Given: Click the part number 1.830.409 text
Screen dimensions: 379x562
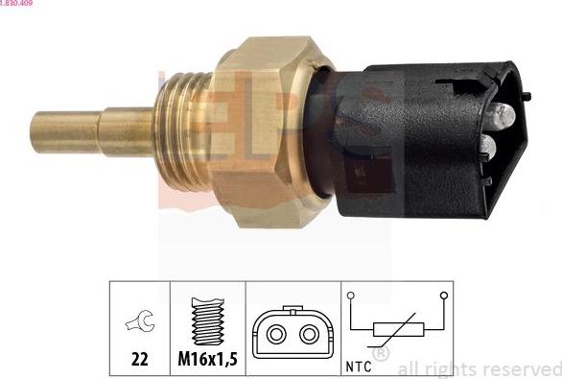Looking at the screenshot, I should coord(20,4).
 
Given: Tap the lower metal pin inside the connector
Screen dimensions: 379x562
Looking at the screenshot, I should coord(487,147).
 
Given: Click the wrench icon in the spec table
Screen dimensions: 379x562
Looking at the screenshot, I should coord(139,322).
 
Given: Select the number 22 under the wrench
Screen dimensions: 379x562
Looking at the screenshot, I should coord(140,361).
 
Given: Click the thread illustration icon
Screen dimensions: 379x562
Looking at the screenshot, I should coord(207,320).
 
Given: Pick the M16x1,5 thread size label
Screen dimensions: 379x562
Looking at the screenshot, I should coord(208,361).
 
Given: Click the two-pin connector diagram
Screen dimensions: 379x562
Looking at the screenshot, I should coord(293,332).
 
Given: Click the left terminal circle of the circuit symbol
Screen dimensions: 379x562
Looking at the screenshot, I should coord(351,296).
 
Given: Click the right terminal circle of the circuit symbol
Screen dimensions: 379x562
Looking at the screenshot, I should coord(443,296).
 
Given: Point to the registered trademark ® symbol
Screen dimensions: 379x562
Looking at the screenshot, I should coord(380,354).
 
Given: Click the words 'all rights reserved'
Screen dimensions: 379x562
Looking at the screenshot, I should coord(478,367).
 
